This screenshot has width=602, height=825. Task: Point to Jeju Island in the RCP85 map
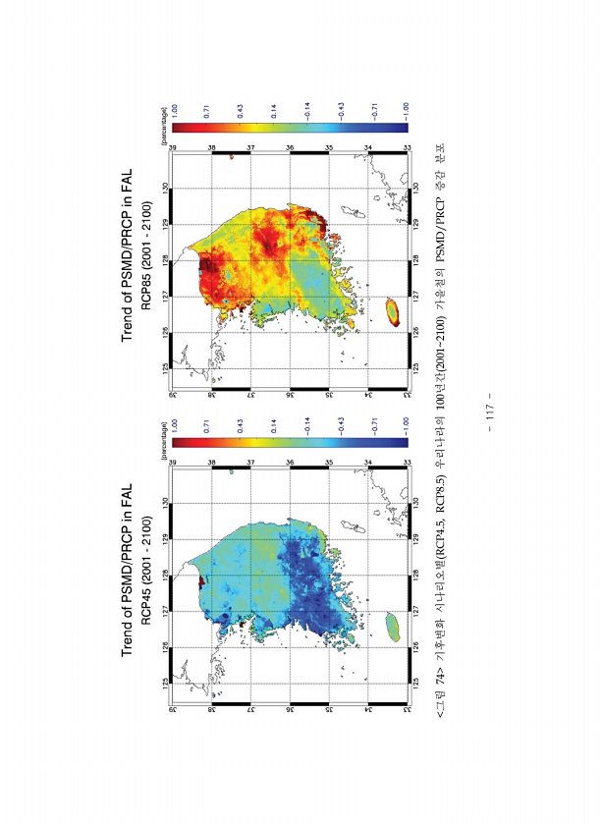coord(392,311)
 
